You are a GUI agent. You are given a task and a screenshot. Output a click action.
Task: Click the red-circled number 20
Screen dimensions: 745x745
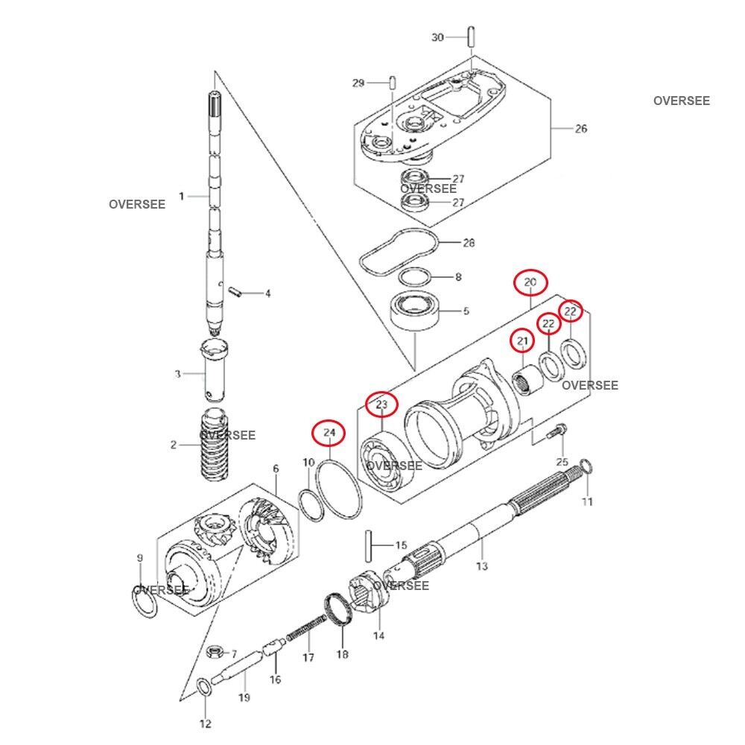click(530, 282)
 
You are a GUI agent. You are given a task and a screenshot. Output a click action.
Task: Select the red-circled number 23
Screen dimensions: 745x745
click(381, 405)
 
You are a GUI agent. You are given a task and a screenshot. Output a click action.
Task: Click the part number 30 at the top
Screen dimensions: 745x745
click(438, 37)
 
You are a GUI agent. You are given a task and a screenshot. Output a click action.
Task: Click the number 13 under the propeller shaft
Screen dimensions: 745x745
click(481, 567)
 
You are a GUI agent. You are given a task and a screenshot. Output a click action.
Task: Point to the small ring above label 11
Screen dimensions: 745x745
click(586, 467)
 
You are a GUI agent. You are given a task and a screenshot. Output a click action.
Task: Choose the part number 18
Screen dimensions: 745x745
click(342, 655)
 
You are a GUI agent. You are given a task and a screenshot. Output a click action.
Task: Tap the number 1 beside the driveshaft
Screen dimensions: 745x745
click(180, 196)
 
